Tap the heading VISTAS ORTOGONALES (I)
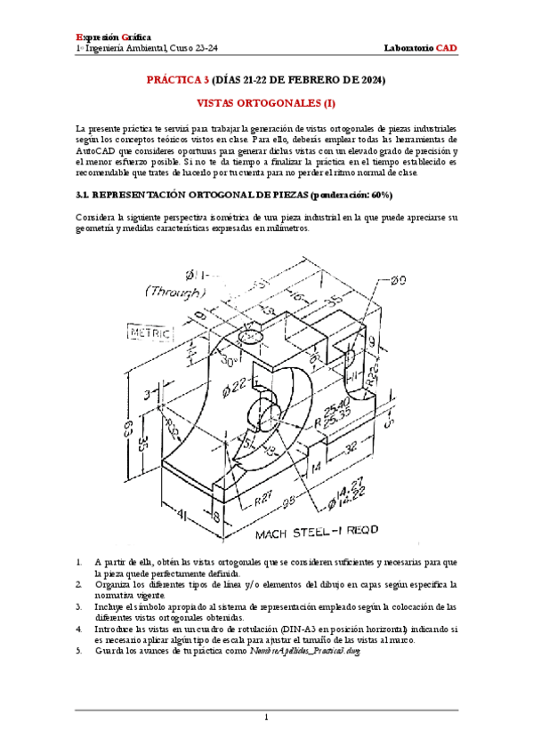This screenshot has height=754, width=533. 265,103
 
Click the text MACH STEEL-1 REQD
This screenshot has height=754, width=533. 317,533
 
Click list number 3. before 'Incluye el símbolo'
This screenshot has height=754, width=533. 79,606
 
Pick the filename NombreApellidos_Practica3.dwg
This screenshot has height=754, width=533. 296,651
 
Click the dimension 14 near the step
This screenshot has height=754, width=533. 314,465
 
